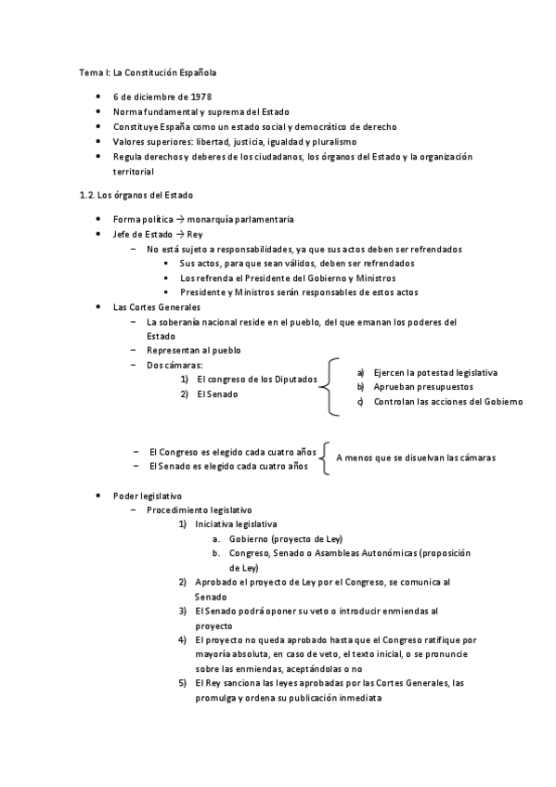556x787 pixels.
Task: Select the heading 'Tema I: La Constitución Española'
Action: tap(149, 71)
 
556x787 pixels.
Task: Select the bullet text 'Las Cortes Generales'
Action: tap(155, 306)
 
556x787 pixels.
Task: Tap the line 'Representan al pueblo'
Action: tap(193, 351)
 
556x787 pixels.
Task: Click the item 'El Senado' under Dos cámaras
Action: tap(216, 394)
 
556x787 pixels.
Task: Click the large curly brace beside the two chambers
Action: tap(331, 387)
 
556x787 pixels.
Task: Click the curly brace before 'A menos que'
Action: tap(325, 458)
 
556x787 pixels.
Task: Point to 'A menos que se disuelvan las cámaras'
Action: tap(416, 458)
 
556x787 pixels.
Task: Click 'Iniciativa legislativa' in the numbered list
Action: tap(236, 524)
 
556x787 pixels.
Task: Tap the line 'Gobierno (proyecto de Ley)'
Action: tap(288, 539)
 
